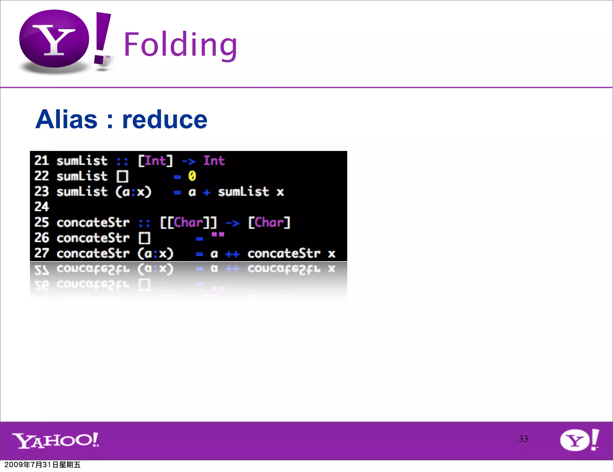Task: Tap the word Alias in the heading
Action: pos(66,119)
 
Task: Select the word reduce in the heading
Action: pos(165,119)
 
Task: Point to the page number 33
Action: pos(523,439)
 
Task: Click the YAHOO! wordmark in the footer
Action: pos(55,441)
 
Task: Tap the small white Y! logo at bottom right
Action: pos(579,440)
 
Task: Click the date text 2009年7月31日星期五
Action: pos(43,465)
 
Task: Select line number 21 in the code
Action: pos(41,161)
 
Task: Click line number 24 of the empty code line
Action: pos(41,207)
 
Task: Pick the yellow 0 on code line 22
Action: pos(192,176)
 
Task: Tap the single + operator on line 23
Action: pos(207,192)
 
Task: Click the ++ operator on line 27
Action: pos(233,254)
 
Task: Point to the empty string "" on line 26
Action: pos(218,235)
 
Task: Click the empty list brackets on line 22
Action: pos(122,176)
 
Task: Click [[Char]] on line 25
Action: pos(188,223)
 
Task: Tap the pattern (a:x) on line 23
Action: pos(133,192)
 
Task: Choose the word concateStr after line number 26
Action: pos(93,238)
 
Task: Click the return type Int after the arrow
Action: pos(214,161)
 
